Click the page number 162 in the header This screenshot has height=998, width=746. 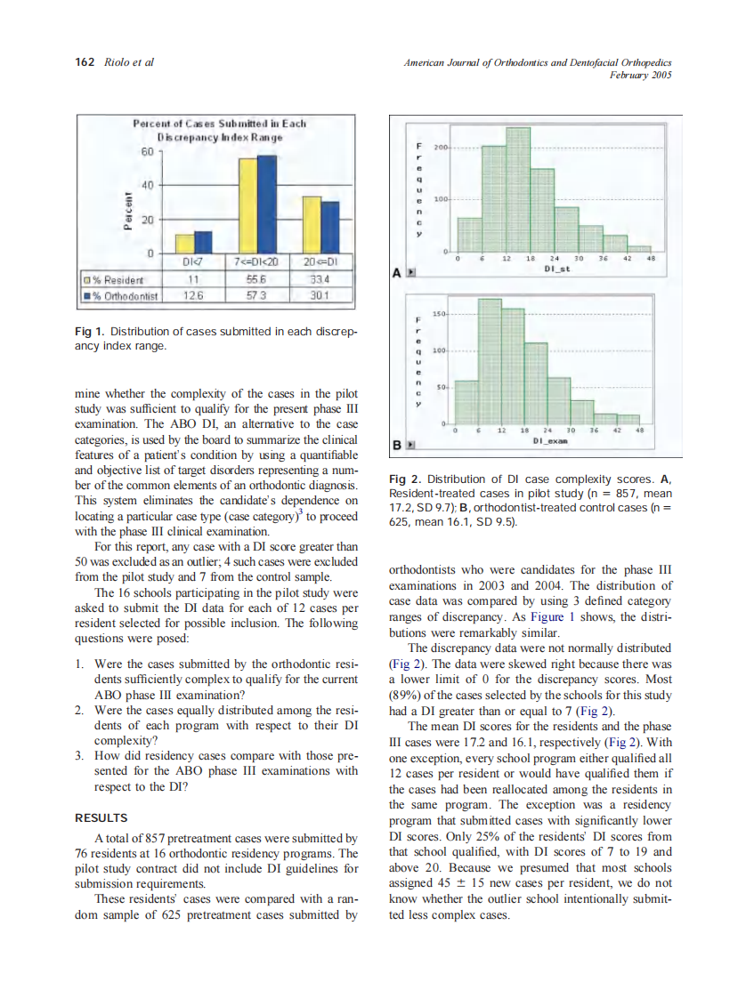point(84,61)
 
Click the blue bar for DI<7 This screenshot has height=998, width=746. point(203,242)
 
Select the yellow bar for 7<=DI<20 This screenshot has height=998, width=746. point(247,205)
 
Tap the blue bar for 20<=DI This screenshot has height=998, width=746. point(330,227)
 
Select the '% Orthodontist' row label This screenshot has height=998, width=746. point(121,295)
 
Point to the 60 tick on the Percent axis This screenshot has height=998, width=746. point(149,152)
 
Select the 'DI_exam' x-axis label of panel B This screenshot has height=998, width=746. point(552,439)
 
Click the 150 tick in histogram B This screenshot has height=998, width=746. point(438,314)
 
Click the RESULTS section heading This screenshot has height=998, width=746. point(101,817)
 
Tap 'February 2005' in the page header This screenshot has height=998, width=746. point(639,75)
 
